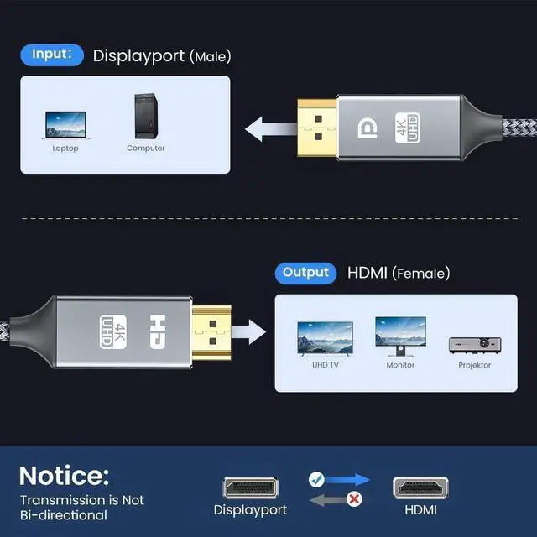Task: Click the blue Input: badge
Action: click(x=52, y=55)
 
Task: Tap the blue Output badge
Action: click(x=305, y=273)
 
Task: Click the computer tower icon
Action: click(x=145, y=117)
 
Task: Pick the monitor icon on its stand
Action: click(x=399, y=336)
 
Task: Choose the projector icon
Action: click(x=474, y=343)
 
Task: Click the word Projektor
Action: click(x=474, y=365)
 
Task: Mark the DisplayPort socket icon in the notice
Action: click(x=250, y=487)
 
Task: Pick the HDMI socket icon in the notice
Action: click(x=420, y=487)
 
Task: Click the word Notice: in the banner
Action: click(x=64, y=476)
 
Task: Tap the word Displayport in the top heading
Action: click(x=138, y=56)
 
